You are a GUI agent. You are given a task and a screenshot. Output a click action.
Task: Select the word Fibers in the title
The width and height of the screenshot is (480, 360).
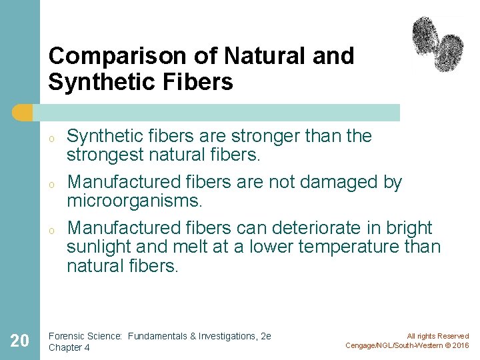pos(199,82)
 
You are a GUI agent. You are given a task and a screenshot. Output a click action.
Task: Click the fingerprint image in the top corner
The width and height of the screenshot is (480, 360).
pos(437,43)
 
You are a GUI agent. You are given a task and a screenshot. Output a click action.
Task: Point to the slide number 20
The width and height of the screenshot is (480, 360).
pos(20,341)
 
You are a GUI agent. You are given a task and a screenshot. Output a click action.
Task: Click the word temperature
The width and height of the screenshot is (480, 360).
pos(344,247)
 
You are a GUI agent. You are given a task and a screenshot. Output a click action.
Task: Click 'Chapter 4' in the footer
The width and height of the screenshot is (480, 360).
pos(69,347)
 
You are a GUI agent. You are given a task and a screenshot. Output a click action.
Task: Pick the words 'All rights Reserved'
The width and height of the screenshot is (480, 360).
pos(438,336)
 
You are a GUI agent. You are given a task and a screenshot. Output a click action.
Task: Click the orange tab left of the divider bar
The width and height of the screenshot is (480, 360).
pos(23,113)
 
